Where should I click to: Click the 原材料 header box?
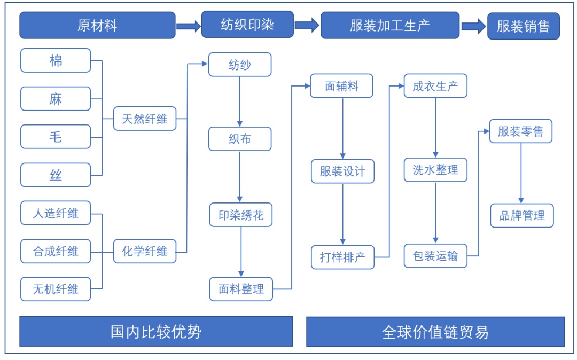click(x=97, y=26)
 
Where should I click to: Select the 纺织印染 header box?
click(x=247, y=25)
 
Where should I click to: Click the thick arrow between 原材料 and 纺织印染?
click(x=188, y=26)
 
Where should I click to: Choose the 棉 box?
click(x=56, y=60)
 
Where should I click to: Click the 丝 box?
click(x=56, y=175)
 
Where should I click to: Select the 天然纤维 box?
click(x=144, y=119)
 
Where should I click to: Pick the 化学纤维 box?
click(x=144, y=251)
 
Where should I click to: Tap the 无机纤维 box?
click(x=56, y=289)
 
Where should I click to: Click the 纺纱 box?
click(x=240, y=65)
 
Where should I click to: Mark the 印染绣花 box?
click(x=241, y=216)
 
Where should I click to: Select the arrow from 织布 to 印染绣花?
click(x=240, y=177)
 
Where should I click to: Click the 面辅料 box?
click(x=341, y=86)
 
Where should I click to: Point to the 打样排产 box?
click(x=342, y=257)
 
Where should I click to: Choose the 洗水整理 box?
click(x=435, y=170)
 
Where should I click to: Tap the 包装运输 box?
click(x=435, y=255)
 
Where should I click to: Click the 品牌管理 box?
click(x=522, y=215)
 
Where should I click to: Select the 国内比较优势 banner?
click(x=156, y=332)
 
